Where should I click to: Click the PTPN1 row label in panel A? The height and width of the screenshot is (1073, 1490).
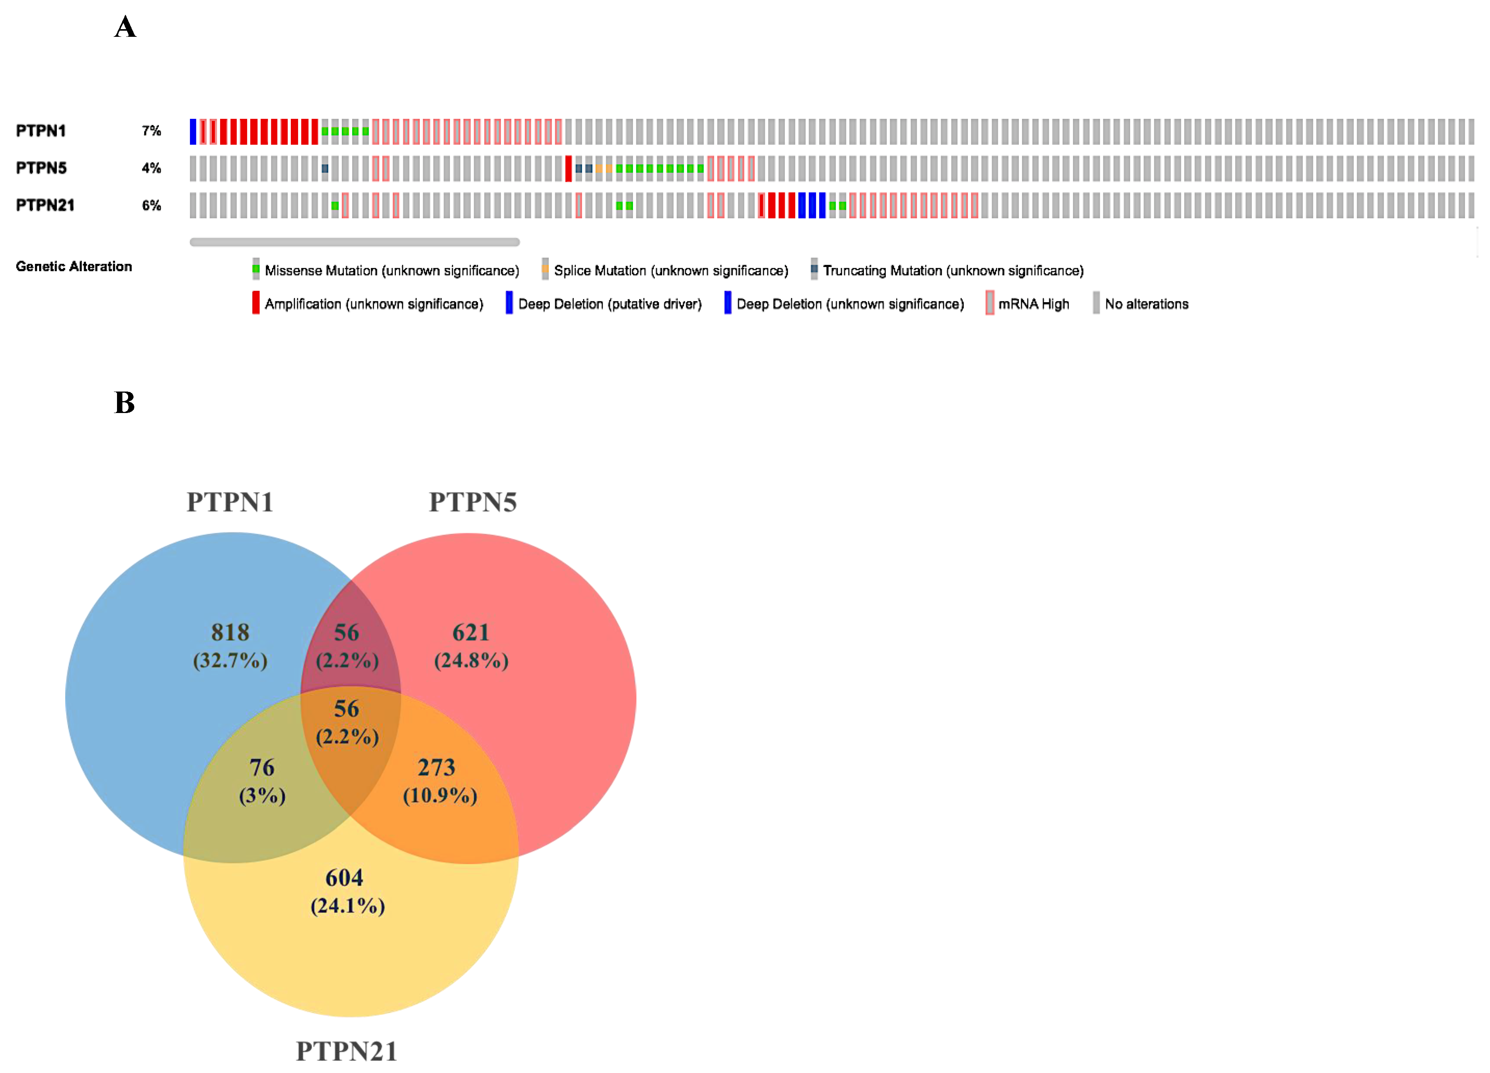tap(41, 131)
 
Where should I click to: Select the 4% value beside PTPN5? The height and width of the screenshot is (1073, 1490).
tap(151, 168)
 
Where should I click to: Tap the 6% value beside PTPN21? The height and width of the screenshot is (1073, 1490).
tap(151, 206)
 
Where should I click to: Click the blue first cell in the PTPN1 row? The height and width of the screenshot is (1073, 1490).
tap(193, 131)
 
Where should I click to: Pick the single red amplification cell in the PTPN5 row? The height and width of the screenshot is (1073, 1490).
tap(568, 169)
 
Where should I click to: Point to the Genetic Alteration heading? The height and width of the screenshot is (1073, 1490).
tap(74, 266)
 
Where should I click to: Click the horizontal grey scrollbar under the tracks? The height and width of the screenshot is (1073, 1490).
tap(355, 242)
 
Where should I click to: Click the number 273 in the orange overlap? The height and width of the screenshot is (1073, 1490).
tap(436, 767)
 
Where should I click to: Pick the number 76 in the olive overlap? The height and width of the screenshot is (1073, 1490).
tap(262, 767)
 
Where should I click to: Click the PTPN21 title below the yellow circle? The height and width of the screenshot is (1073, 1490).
tap(346, 1051)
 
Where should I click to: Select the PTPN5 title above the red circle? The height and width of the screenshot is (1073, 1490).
tap(472, 502)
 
